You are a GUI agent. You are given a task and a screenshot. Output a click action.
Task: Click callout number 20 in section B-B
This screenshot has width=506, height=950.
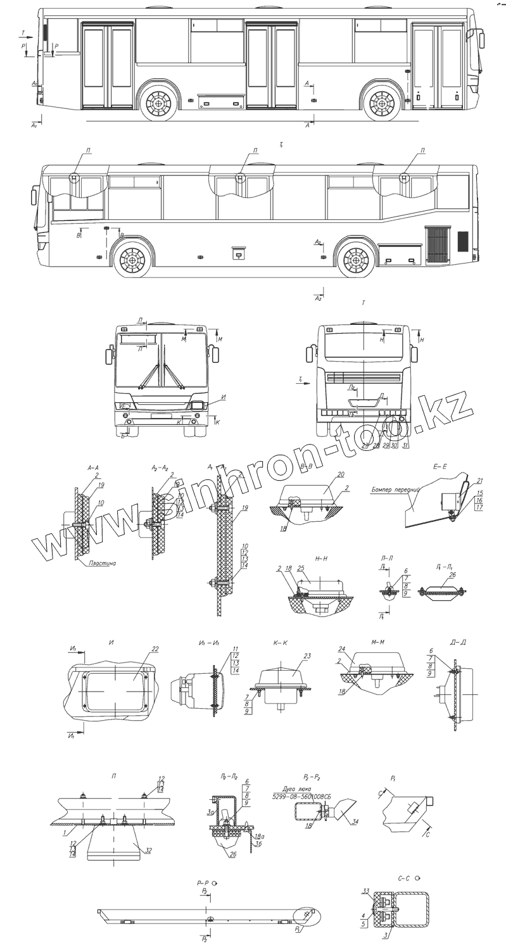[340, 474]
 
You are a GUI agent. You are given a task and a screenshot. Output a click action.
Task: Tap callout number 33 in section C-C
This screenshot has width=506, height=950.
[366, 891]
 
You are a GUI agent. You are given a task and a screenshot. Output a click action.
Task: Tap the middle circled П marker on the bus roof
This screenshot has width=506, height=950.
[241, 177]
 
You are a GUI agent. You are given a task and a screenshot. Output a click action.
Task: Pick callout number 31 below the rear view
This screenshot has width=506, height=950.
[405, 446]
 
